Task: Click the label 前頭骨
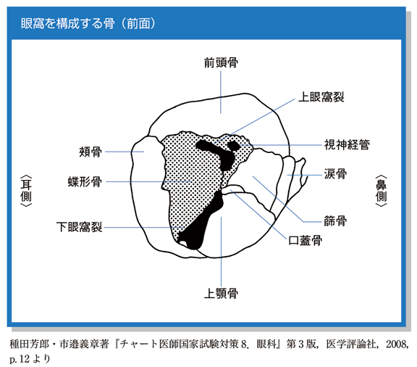pos(221,63)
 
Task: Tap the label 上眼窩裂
pos(321,97)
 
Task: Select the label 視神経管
pos(347,145)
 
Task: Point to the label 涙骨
pos(335,174)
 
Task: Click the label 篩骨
pos(335,221)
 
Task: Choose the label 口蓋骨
pos(306,240)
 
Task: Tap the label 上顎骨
pos(221,294)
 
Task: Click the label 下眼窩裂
pos(79,227)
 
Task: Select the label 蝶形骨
pos(85,182)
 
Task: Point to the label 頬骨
pos(90,152)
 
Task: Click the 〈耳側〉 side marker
pos(26,191)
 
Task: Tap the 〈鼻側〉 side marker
pos(381,191)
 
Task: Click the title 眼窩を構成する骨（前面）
pos(88,23)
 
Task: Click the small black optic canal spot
pos(234,145)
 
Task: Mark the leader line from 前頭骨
pos(221,92)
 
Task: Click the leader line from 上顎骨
pos(221,251)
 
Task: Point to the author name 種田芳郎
pos(29,345)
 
